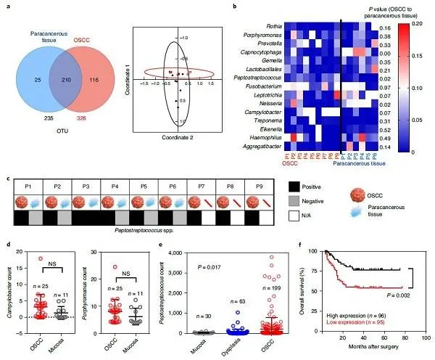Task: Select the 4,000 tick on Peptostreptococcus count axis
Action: pyautogui.click(x=184, y=252)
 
